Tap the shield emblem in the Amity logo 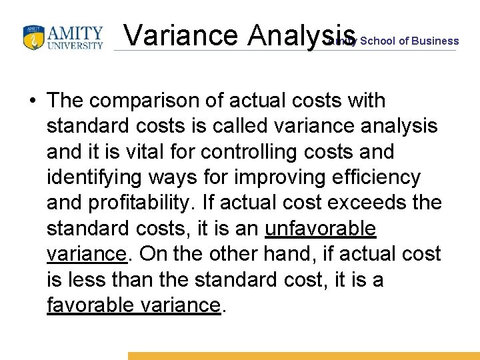click(x=33, y=38)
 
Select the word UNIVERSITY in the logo click(x=79, y=46)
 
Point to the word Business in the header click(x=435, y=41)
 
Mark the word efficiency click(x=377, y=177)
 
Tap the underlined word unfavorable click(x=321, y=228)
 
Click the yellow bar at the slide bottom click(x=303, y=356)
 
